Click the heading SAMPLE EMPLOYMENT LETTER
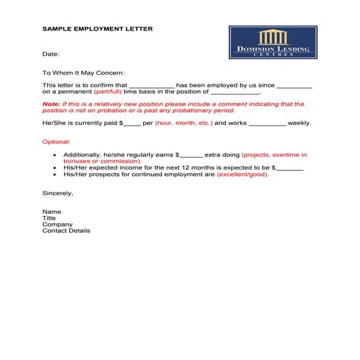(x=97, y=29)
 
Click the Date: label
(x=50, y=54)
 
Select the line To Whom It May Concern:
(x=84, y=73)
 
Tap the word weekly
(x=300, y=123)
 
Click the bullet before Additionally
(x=56, y=155)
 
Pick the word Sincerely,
(x=58, y=193)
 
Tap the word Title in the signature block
(x=49, y=218)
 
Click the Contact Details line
(x=66, y=231)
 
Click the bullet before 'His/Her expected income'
(x=56, y=168)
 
